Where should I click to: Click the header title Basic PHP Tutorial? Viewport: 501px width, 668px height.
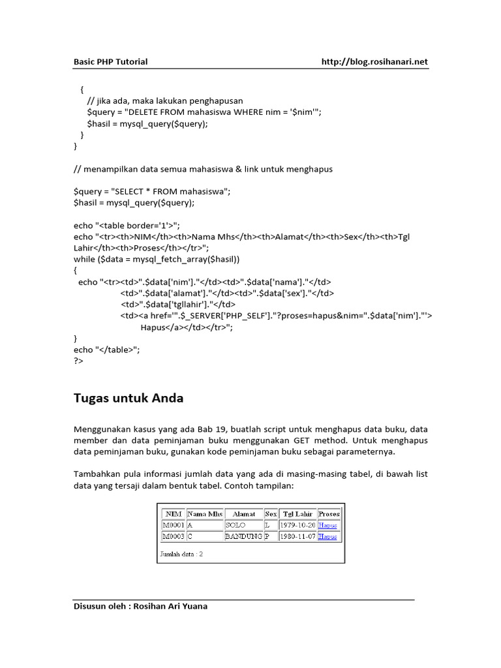pyautogui.click(x=110, y=62)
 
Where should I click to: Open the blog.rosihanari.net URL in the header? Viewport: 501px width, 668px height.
pyautogui.click(x=375, y=62)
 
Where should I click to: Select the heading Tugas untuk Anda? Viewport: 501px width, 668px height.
pyautogui.click(x=129, y=398)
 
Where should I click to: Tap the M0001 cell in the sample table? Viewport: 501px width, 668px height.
pyautogui.click(x=173, y=524)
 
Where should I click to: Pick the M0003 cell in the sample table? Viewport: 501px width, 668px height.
pyautogui.click(x=173, y=536)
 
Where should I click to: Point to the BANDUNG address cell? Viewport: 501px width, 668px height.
pyautogui.click(x=243, y=536)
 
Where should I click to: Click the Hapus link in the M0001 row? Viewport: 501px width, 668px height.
pyautogui.click(x=327, y=525)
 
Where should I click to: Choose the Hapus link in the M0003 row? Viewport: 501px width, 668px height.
pyautogui.click(x=327, y=537)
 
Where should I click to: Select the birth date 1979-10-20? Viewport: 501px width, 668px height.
pyautogui.click(x=297, y=524)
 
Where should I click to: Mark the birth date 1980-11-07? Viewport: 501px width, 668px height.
pyautogui.click(x=297, y=536)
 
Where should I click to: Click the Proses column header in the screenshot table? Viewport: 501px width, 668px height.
pyautogui.click(x=329, y=514)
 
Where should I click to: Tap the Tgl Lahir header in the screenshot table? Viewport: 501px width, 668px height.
pyautogui.click(x=297, y=514)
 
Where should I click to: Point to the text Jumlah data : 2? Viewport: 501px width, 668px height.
pyautogui.click(x=181, y=554)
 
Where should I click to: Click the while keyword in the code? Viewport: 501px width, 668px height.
pyautogui.click(x=85, y=259)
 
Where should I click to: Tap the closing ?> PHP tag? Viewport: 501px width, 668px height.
pyautogui.click(x=79, y=361)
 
